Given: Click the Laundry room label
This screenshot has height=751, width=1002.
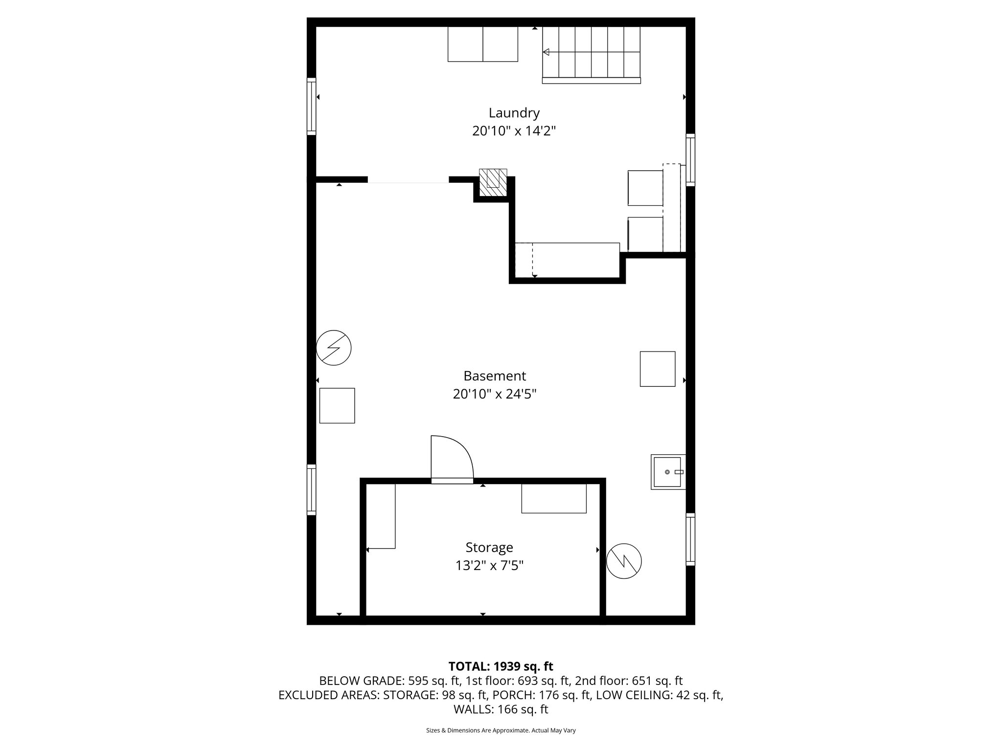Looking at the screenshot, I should (514, 113).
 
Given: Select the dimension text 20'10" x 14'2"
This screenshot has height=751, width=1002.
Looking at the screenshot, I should (514, 131).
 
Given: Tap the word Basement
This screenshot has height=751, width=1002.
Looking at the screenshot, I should (495, 376).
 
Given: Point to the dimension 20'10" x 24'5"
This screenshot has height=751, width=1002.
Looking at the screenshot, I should (495, 394).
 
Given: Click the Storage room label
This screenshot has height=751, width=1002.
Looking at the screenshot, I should (489, 547).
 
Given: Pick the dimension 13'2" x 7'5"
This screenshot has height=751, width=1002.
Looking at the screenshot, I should (489, 566).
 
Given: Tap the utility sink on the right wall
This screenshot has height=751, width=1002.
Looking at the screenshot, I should (667, 472).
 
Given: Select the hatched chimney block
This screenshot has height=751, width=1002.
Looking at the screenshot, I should (493, 182).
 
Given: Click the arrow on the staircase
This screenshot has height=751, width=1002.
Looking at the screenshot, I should (547, 52).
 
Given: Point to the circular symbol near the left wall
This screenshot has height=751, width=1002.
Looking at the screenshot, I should (334, 348).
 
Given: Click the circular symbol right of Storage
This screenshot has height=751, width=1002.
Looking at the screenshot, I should (624, 561).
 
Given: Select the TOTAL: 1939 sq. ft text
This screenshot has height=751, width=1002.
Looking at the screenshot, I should (501, 666).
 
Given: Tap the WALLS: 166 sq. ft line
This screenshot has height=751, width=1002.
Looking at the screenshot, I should (501, 709).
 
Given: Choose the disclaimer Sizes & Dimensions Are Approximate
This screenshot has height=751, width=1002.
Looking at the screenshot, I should (501, 730).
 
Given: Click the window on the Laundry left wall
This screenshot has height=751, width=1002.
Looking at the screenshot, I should (311, 106).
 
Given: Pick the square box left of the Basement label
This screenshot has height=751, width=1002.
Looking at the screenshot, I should (337, 405).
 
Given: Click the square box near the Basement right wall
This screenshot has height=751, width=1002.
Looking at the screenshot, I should (658, 369).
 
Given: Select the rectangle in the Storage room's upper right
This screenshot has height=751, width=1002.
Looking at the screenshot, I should (553, 498).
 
